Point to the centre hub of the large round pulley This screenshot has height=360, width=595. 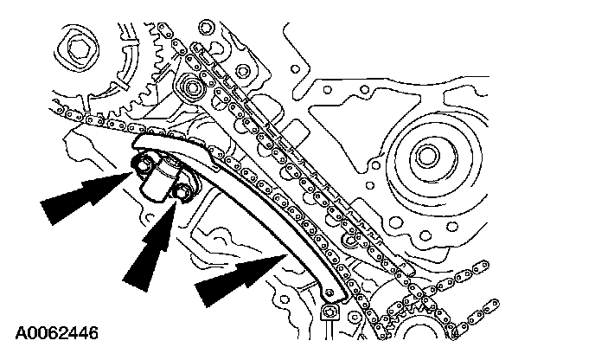click(x=425, y=157)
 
